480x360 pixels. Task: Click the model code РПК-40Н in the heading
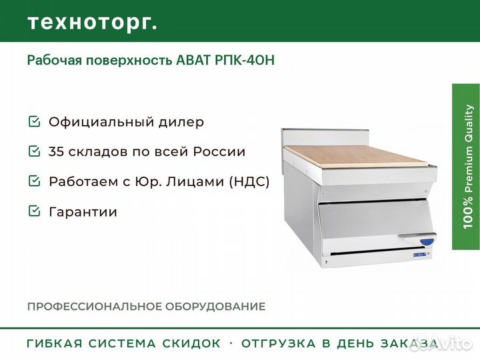point(245,60)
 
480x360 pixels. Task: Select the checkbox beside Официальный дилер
point(34,121)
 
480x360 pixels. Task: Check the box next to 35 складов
point(34,151)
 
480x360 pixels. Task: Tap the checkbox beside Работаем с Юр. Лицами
point(34,181)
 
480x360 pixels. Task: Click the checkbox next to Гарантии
point(34,211)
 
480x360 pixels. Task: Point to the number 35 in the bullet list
point(56,151)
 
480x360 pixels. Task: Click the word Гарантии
point(83,211)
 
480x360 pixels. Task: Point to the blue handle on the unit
point(427,241)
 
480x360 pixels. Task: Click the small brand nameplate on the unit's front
point(423,254)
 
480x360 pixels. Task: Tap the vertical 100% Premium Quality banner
point(466,167)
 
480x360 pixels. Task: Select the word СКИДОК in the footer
point(191,343)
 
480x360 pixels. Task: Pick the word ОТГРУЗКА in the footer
point(278,343)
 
